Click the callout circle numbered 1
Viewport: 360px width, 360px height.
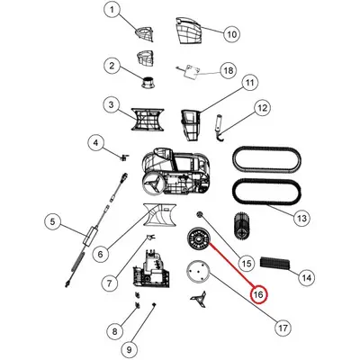112,11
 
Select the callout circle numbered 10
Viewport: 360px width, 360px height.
232,34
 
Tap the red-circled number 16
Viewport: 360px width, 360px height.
258,294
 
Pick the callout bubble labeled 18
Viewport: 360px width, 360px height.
229,71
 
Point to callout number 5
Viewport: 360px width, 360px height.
53,222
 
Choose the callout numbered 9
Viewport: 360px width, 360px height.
130,349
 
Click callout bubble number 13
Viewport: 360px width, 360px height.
301,218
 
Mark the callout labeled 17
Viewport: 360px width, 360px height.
283,328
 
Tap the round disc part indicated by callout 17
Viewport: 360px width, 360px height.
197,272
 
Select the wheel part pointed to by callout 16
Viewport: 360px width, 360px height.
198,239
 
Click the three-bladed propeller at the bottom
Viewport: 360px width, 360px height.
198,299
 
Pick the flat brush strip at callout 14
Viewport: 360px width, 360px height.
275,263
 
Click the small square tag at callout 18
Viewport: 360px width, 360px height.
191,71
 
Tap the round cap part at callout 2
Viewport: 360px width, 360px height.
148,82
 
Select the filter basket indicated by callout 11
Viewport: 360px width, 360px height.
190,125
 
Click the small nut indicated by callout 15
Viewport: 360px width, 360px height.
199,214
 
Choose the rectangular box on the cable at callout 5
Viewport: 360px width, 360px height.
90,235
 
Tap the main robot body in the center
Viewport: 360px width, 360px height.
175,174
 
